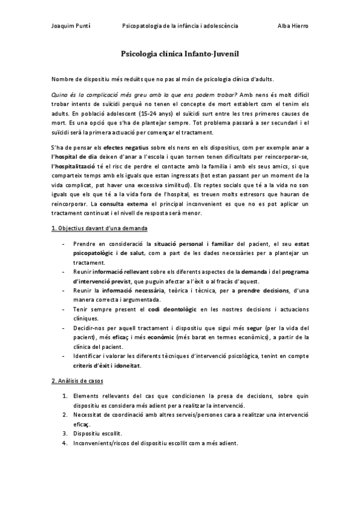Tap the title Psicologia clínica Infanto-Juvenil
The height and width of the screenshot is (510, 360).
[180, 54]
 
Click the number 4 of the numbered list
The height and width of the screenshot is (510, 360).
[64, 443]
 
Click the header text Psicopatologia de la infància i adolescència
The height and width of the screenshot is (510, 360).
[180, 26]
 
